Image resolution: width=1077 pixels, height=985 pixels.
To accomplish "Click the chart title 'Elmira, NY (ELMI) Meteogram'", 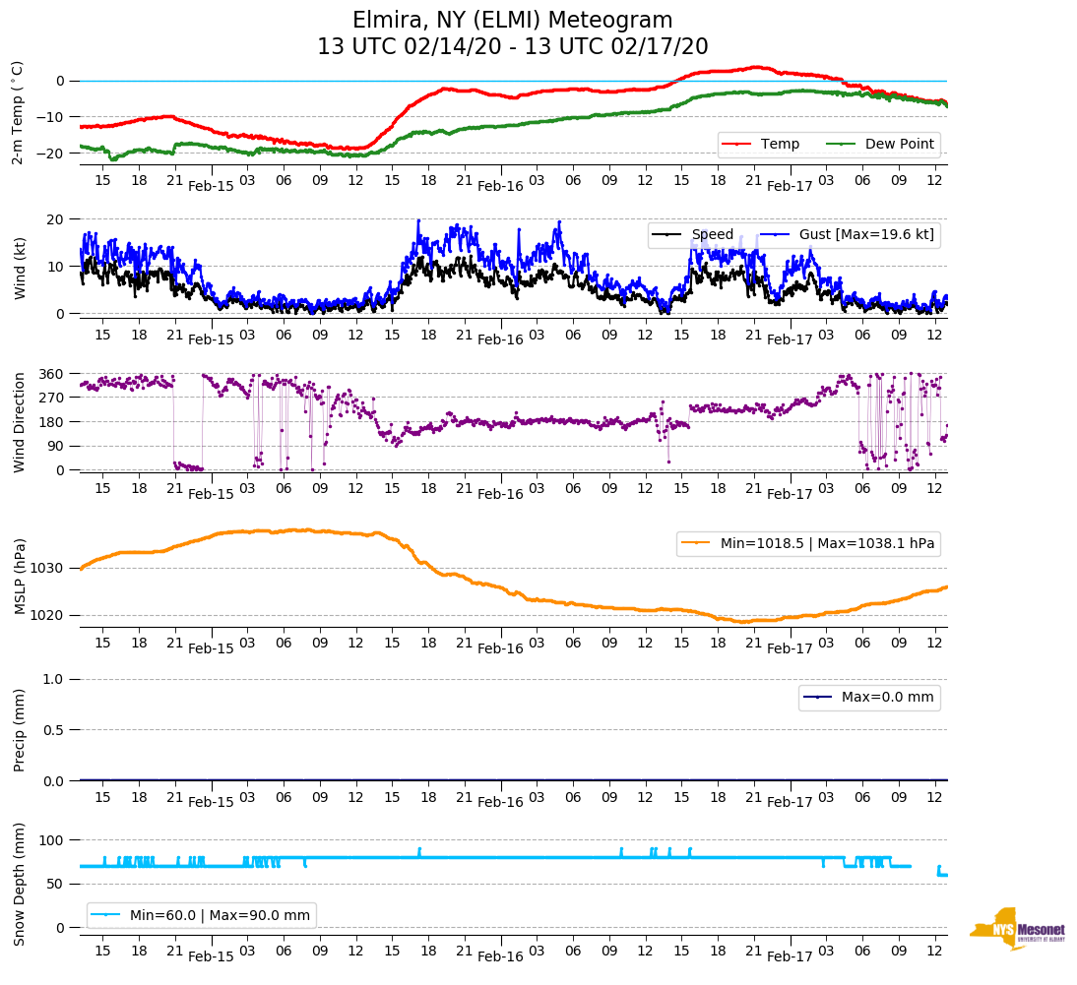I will (x=512, y=21).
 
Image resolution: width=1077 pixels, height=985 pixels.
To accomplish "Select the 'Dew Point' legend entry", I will (x=900, y=145).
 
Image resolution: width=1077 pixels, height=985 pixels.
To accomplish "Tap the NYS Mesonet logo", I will (x=1018, y=929).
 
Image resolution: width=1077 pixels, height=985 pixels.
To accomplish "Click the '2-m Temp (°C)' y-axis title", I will (x=18, y=111).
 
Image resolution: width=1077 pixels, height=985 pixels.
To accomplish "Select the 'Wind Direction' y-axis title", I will (x=19, y=422).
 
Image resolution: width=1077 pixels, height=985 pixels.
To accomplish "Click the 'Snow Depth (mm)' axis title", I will (x=19, y=883).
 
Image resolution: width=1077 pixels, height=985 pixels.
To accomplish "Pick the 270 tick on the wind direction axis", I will (x=52, y=398).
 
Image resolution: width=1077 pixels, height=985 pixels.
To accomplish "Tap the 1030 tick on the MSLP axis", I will (x=47, y=568).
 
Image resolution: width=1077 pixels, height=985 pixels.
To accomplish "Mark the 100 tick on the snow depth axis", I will (x=52, y=839).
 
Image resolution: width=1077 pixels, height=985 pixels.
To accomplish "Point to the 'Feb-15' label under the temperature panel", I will (x=211, y=186).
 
